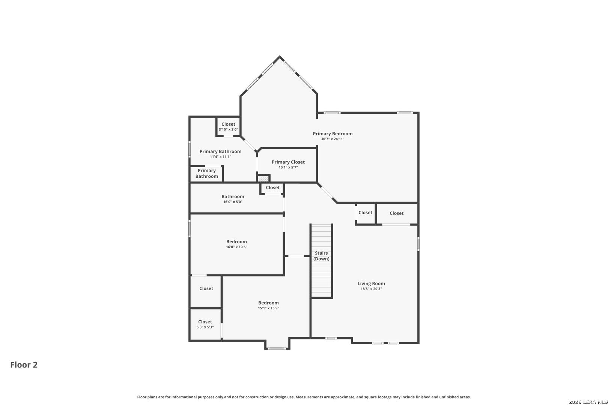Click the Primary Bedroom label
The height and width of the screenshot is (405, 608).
pyautogui.click(x=333, y=133)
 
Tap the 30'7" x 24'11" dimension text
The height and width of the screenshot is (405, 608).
pyautogui.click(x=333, y=139)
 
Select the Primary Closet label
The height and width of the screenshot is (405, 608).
pyautogui.click(x=288, y=162)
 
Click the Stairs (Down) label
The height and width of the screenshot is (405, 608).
pyautogui.click(x=321, y=256)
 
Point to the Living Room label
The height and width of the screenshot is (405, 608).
pyautogui.click(x=371, y=283)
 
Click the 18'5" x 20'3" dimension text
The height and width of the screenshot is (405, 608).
pyautogui.click(x=371, y=289)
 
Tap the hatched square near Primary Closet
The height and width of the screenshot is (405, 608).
pyautogui.click(x=263, y=178)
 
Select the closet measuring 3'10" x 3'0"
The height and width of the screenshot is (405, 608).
pyautogui.click(x=228, y=126)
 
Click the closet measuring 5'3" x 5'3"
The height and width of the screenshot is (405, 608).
pyautogui.click(x=205, y=324)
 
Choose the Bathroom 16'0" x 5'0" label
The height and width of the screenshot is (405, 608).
pyautogui.click(x=233, y=199)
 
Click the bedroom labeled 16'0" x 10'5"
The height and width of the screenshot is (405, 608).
pyautogui.click(x=236, y=244)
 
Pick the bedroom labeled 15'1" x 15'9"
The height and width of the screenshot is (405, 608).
pyautogui.click(x=268, y=305)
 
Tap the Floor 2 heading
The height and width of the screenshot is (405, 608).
pyautogui.click(x=24, y=365)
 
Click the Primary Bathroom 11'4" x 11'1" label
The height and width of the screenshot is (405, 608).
pyautogui.click(x=220, y=154)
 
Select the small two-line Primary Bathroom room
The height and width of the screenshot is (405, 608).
pyautogui.click(x=206, y=173)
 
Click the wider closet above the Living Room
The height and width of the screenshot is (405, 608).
pyautogui.click(x=396, y=213)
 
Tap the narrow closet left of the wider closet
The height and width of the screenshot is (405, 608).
pyautogui.click(x=365, y=213)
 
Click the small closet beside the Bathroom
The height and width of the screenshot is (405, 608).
pyautogui.click(x=272, y=187)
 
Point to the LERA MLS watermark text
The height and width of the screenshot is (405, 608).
pyautogui.click(x=587, y=402)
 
